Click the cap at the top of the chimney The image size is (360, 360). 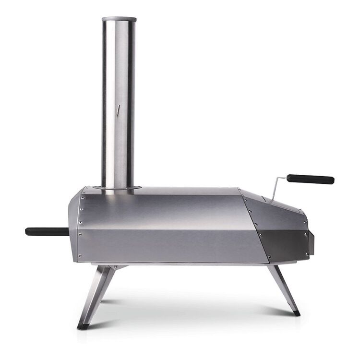[x=119, y=19]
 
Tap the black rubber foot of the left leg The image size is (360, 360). [x=83, y=326]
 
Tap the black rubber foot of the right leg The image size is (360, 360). [x=296, y=313]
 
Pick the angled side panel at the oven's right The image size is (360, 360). [x=278, y=230]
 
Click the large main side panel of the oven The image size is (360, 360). [x=168, y=226]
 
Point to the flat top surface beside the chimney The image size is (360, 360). [x=187, y=191]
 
